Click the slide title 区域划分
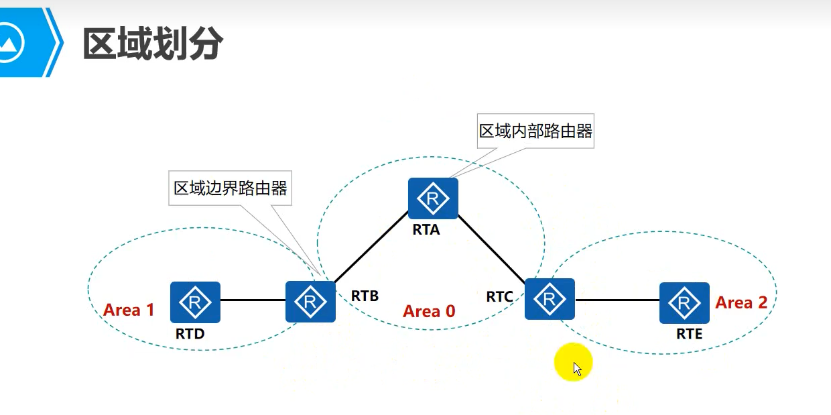coord(152,45)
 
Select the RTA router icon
coord(433,198)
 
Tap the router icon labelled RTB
coord(310,302)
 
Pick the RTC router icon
coord(550,299)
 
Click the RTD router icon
coord(195,302)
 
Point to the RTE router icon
coord(684,302)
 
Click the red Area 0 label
coord(429,311)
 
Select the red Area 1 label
coord(129,310)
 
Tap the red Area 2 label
coord(741,303)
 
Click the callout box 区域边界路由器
coord(231,188)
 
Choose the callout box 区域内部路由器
coord(535,131)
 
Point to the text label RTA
coord(426,230)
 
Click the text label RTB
coord(365,296)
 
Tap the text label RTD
coord(190,333)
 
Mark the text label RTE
coord(689,333)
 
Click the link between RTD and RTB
coord(253,300)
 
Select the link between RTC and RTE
coord(617,300)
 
